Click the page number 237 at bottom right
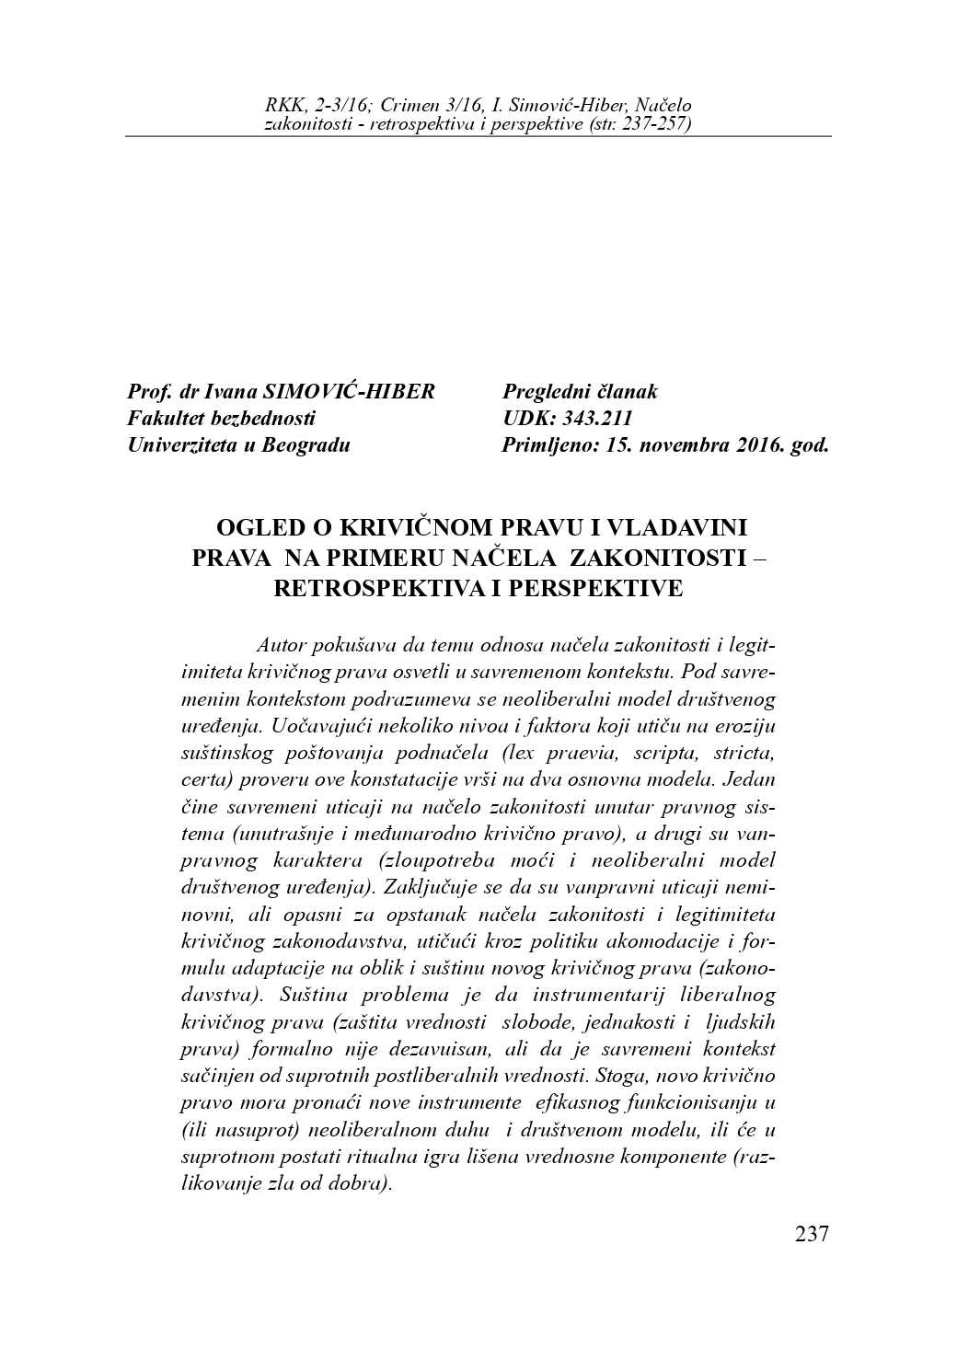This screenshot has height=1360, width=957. pos(812,1233)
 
